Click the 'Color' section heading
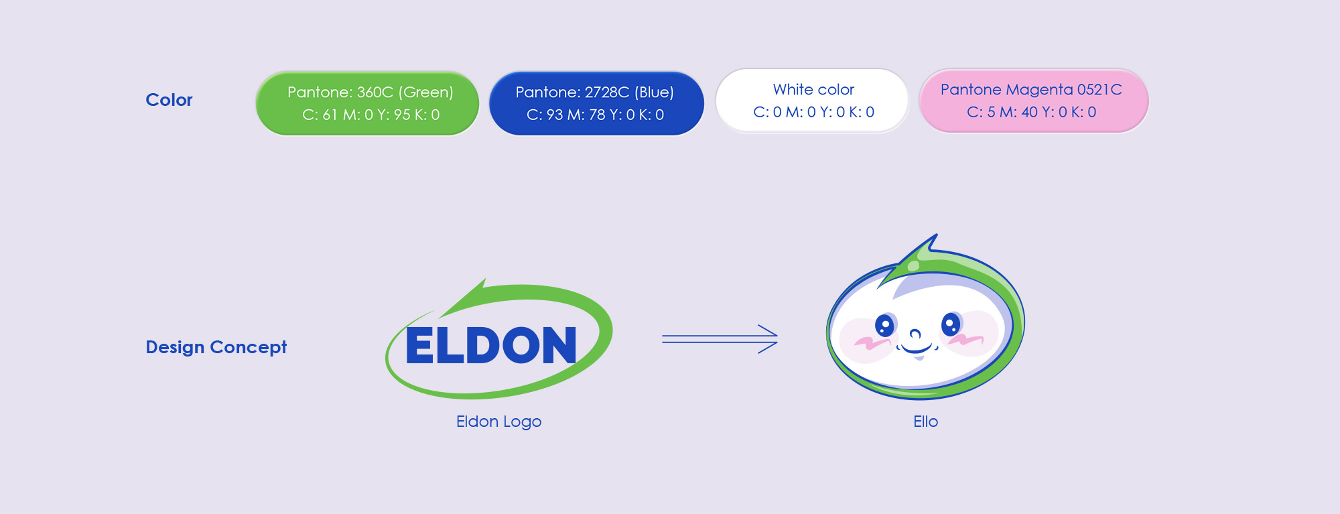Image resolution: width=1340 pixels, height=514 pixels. (x=169, y=100)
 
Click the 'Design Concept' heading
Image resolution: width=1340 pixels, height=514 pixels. (x=216, y=347)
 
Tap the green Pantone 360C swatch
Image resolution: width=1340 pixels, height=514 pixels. (x=367, y=103)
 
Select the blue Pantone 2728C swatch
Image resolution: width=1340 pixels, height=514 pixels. (x=596, y=103)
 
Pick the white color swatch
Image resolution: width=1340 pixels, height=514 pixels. (x=812, y=101)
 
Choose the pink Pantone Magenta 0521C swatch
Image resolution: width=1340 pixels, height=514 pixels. (x=1033, y=101)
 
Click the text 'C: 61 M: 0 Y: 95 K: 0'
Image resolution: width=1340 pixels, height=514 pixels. (x=371, y=115)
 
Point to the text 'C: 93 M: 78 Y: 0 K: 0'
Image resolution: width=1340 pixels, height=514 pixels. (x=595, y=115)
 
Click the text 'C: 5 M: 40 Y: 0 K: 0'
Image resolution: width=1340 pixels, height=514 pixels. (x=1031, y=112)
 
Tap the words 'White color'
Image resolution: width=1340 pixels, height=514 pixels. (x=813, y=89)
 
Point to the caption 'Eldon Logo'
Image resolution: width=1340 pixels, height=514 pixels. (x=498, y=422)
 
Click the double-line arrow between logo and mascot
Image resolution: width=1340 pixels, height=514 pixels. (x=720, y=339)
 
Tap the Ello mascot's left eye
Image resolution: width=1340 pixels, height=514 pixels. (x=884, y=325)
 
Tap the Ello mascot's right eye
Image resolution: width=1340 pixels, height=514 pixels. (x=951, y=324)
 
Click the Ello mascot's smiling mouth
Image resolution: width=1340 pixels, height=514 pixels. (x=916, y=348)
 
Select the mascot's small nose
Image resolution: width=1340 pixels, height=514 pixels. (x=915, y=333)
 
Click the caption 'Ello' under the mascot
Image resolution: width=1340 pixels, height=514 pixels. (x=925, y=422)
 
